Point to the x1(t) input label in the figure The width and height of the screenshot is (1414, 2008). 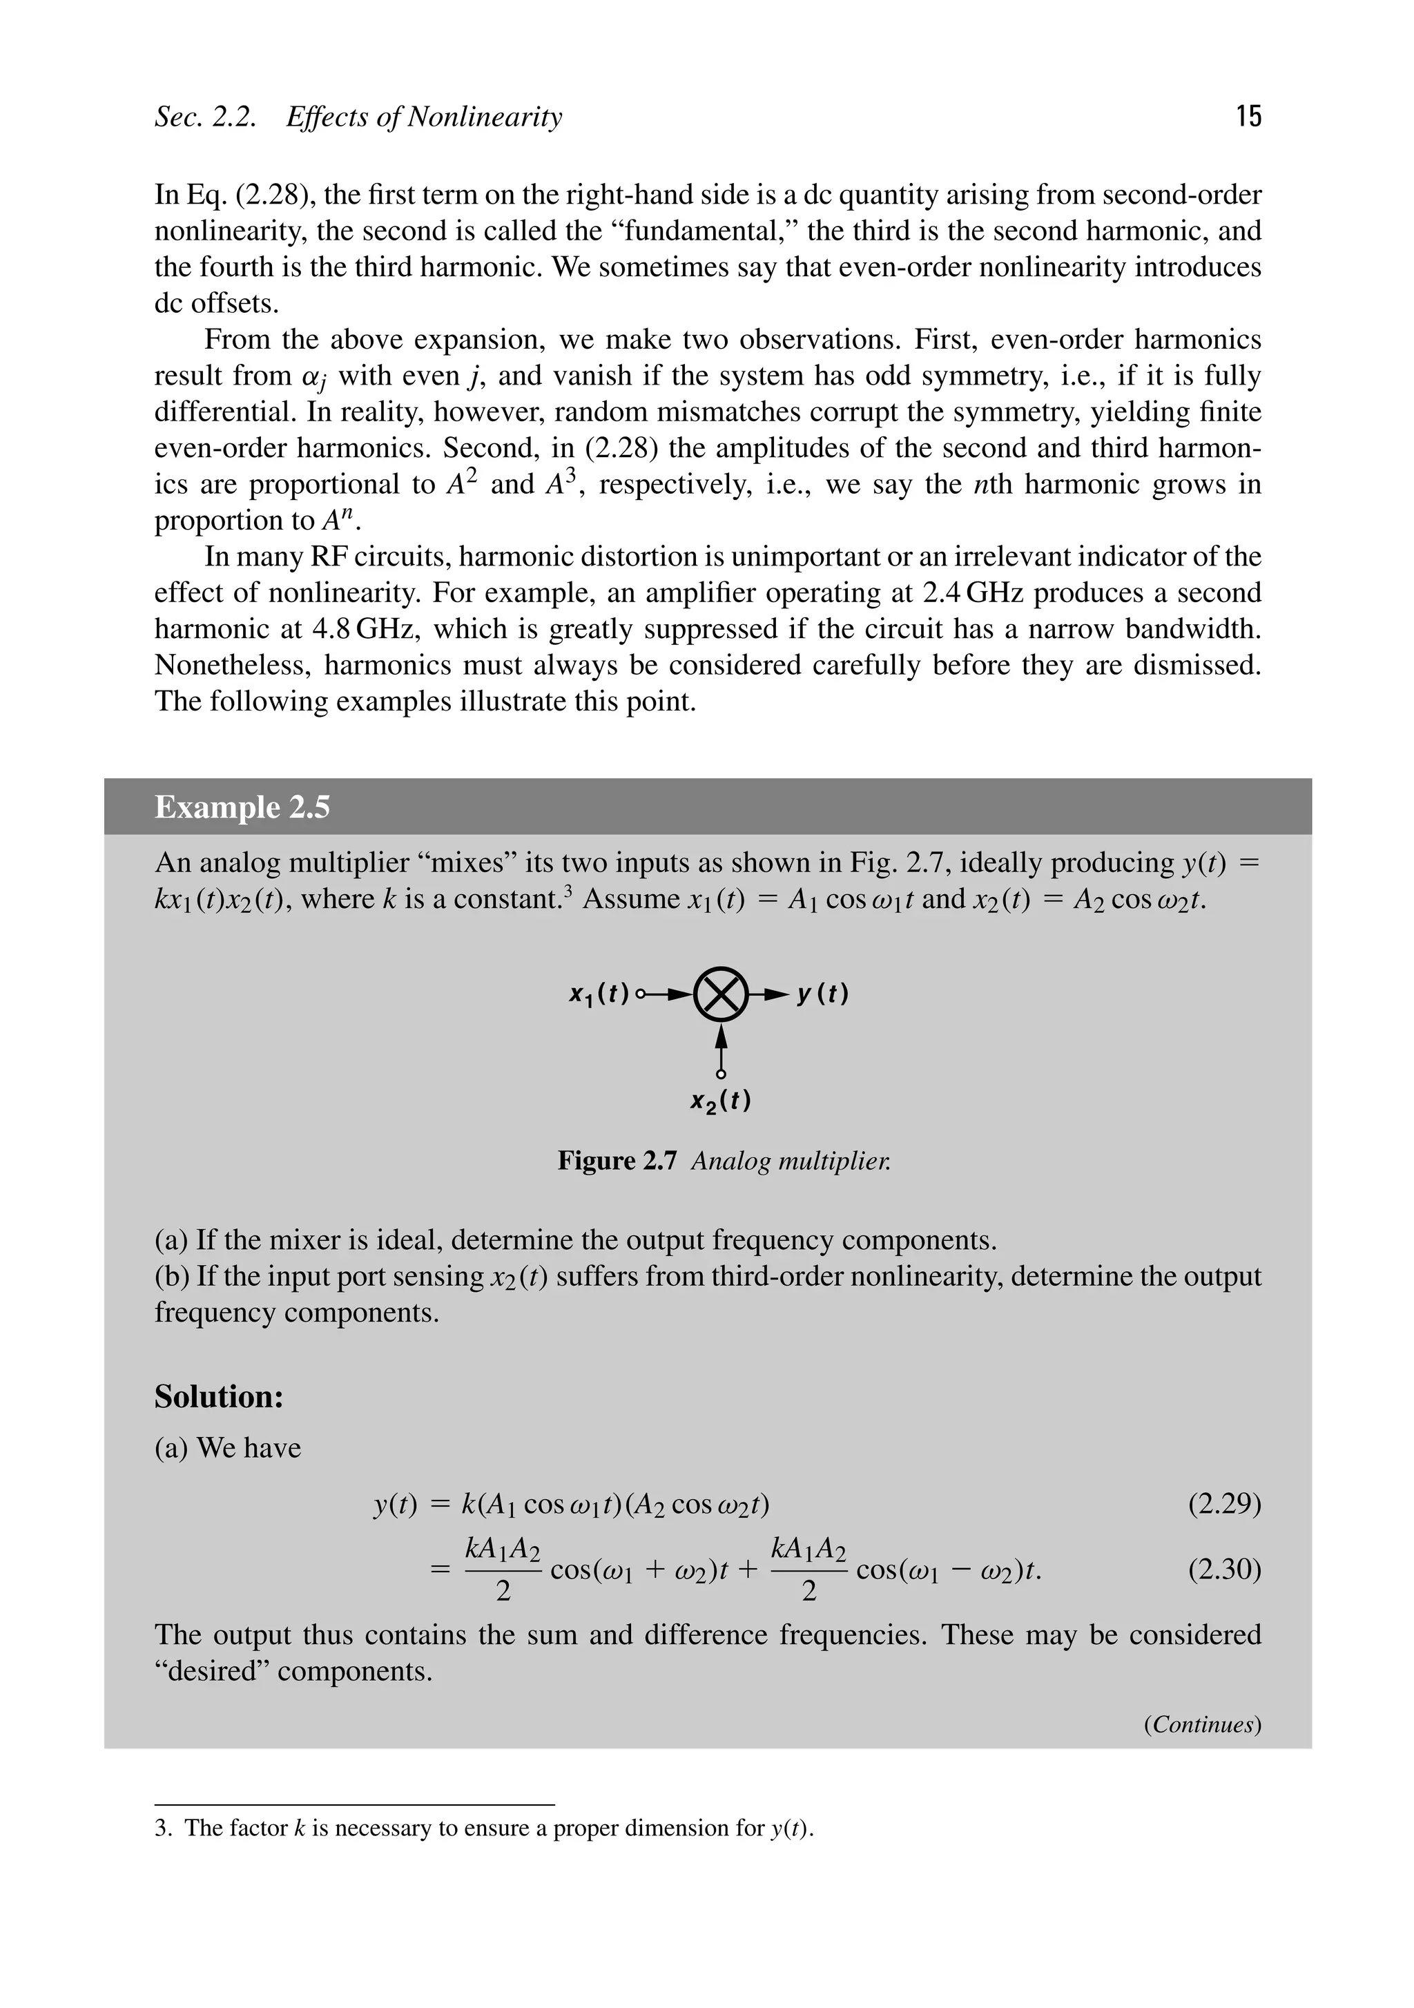point(599,994)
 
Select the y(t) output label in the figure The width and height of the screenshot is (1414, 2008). point(822,994)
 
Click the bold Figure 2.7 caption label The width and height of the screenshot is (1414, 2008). point(617,1161)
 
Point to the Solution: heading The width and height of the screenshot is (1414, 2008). point(219,1397)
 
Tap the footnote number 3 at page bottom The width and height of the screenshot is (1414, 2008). point(161,1828)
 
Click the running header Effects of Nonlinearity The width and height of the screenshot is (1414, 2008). point(423,116)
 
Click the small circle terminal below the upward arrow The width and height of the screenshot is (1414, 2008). point(721,1073)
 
